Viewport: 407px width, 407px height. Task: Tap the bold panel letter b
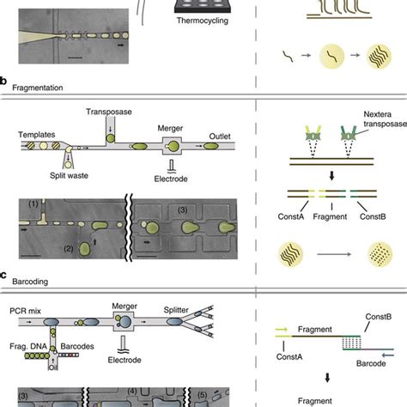click(4, 83)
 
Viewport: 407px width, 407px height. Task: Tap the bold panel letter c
click(4, 276)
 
